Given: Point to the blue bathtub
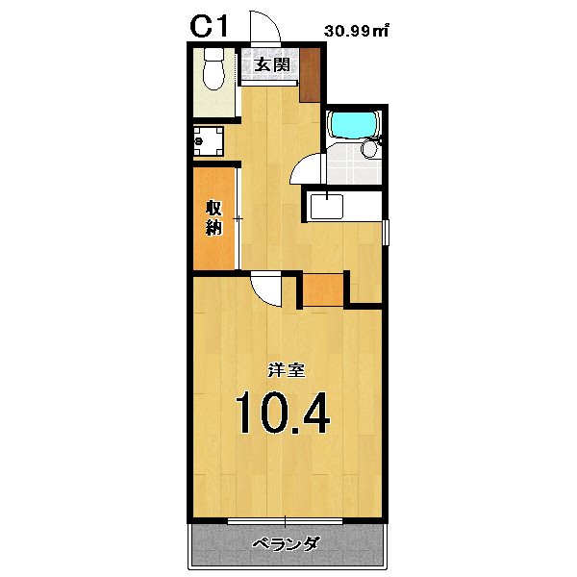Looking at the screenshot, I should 354,125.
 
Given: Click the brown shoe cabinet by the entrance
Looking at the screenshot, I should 310,74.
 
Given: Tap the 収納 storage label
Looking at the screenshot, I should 213,217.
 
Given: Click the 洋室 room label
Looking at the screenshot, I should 281,369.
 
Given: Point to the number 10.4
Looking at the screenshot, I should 283,413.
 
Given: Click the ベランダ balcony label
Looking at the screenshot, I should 286,544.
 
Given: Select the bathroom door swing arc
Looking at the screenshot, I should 306,169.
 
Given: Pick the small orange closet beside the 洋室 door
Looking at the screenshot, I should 323,288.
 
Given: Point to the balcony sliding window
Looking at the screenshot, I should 286,521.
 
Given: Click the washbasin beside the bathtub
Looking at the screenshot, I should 369,150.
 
